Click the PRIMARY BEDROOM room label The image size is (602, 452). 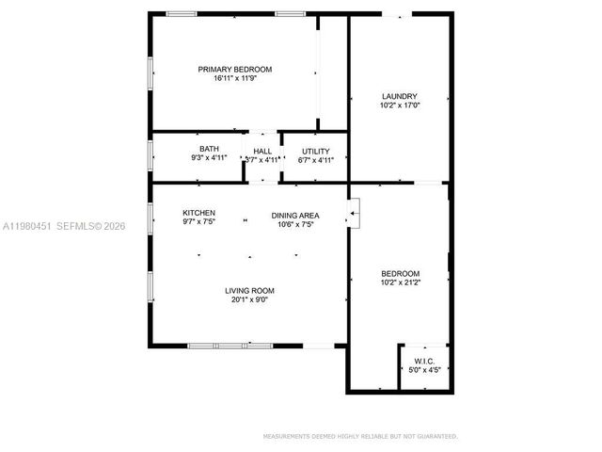coord(234,70)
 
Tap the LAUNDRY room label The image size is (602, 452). coord(399,96)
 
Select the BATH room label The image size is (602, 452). coord(209,150)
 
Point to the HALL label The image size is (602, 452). coord(262,151)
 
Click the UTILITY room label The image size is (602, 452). coord(315,151)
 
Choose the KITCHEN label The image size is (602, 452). coord(198,214)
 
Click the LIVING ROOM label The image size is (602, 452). coord(249,291)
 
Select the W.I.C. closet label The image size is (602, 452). coord(423,361)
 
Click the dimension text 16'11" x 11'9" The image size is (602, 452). coord(234,79)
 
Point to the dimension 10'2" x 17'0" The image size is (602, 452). coord(399,105)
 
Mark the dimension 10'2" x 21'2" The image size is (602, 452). coord(400,282)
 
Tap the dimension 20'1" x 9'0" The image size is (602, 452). coord(249,300)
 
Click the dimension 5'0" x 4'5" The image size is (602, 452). coord(423,370)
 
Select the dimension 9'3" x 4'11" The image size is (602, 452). coord(209,159)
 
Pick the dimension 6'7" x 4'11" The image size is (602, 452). coord(315,160)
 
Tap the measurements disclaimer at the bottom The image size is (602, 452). coord(360,437)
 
